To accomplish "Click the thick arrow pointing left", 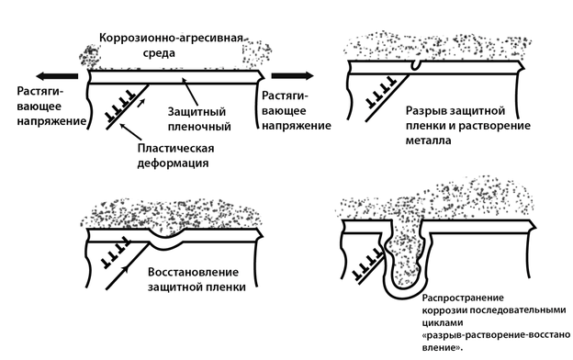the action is click(x=57, y=76).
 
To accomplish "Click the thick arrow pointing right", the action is click(x=292, y=75).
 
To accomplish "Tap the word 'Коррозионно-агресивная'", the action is click(x=172, y=39).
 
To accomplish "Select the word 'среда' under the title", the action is click(x=159, y=53).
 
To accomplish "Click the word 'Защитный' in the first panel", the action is click(x=197, y=112).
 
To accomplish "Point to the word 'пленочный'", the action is click(x=199, y=127).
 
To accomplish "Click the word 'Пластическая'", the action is click(x=175, y=149).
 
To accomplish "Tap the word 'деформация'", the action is click(x=173, y=163).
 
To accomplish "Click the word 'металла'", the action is click(x=428, y=141).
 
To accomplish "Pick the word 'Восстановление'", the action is click(x=194, y=272).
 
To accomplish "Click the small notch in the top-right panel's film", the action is click(x=415, y=65).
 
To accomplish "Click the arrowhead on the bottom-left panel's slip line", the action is click(x=127, y=269).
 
